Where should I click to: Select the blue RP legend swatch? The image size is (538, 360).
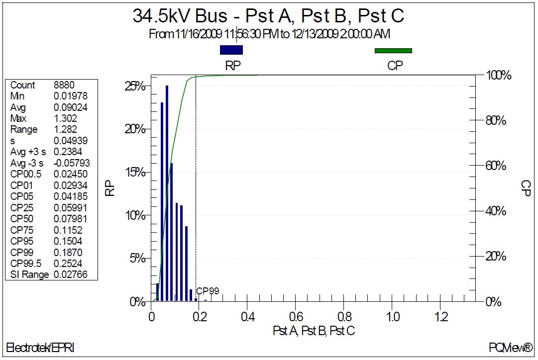pos(231,50)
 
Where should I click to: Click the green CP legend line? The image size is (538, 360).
pos(393,50)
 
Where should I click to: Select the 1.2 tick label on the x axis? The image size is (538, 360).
pos(440,316)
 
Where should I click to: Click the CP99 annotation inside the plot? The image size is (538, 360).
pos(208,291)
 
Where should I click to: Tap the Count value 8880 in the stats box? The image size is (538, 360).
pos(64,85)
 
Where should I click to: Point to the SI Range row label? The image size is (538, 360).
pos(29,274)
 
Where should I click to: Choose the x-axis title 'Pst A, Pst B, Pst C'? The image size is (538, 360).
pos(314,331)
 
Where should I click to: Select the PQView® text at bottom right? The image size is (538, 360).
pos(510,348)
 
